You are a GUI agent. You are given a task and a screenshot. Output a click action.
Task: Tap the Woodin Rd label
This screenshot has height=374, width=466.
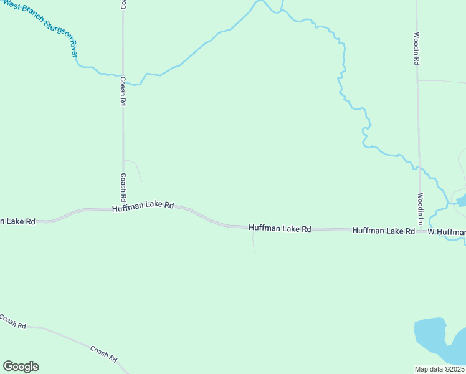[x=416, y=49]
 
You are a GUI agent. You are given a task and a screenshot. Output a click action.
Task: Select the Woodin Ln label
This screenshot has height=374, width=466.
[x=421, y=209]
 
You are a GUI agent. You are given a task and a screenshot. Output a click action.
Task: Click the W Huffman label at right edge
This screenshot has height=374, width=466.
[x=447, y=232]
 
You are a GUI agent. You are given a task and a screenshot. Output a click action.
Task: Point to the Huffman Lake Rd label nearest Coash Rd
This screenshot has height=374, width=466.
[x=143, y=206]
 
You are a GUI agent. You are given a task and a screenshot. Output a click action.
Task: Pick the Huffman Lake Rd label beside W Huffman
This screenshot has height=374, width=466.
[x=383, y=231]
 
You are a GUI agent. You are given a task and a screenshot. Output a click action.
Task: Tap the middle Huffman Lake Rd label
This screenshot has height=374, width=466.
[x=280, y=229]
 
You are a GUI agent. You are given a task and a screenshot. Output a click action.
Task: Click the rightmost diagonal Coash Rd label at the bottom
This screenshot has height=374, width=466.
[x=103, y=355]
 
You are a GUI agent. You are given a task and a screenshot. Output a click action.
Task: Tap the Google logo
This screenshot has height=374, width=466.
[x=21, y=367]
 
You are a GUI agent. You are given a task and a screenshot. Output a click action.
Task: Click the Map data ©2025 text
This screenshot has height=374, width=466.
[x=439, y=369]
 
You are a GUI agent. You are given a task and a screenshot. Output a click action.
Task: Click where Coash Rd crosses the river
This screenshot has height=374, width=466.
[x=123, y=75]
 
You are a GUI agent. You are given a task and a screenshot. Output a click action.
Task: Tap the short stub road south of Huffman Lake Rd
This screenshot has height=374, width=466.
[x=253, y=243]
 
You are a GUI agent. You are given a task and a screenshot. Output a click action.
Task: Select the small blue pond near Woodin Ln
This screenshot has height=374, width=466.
[x=462, y=201]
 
